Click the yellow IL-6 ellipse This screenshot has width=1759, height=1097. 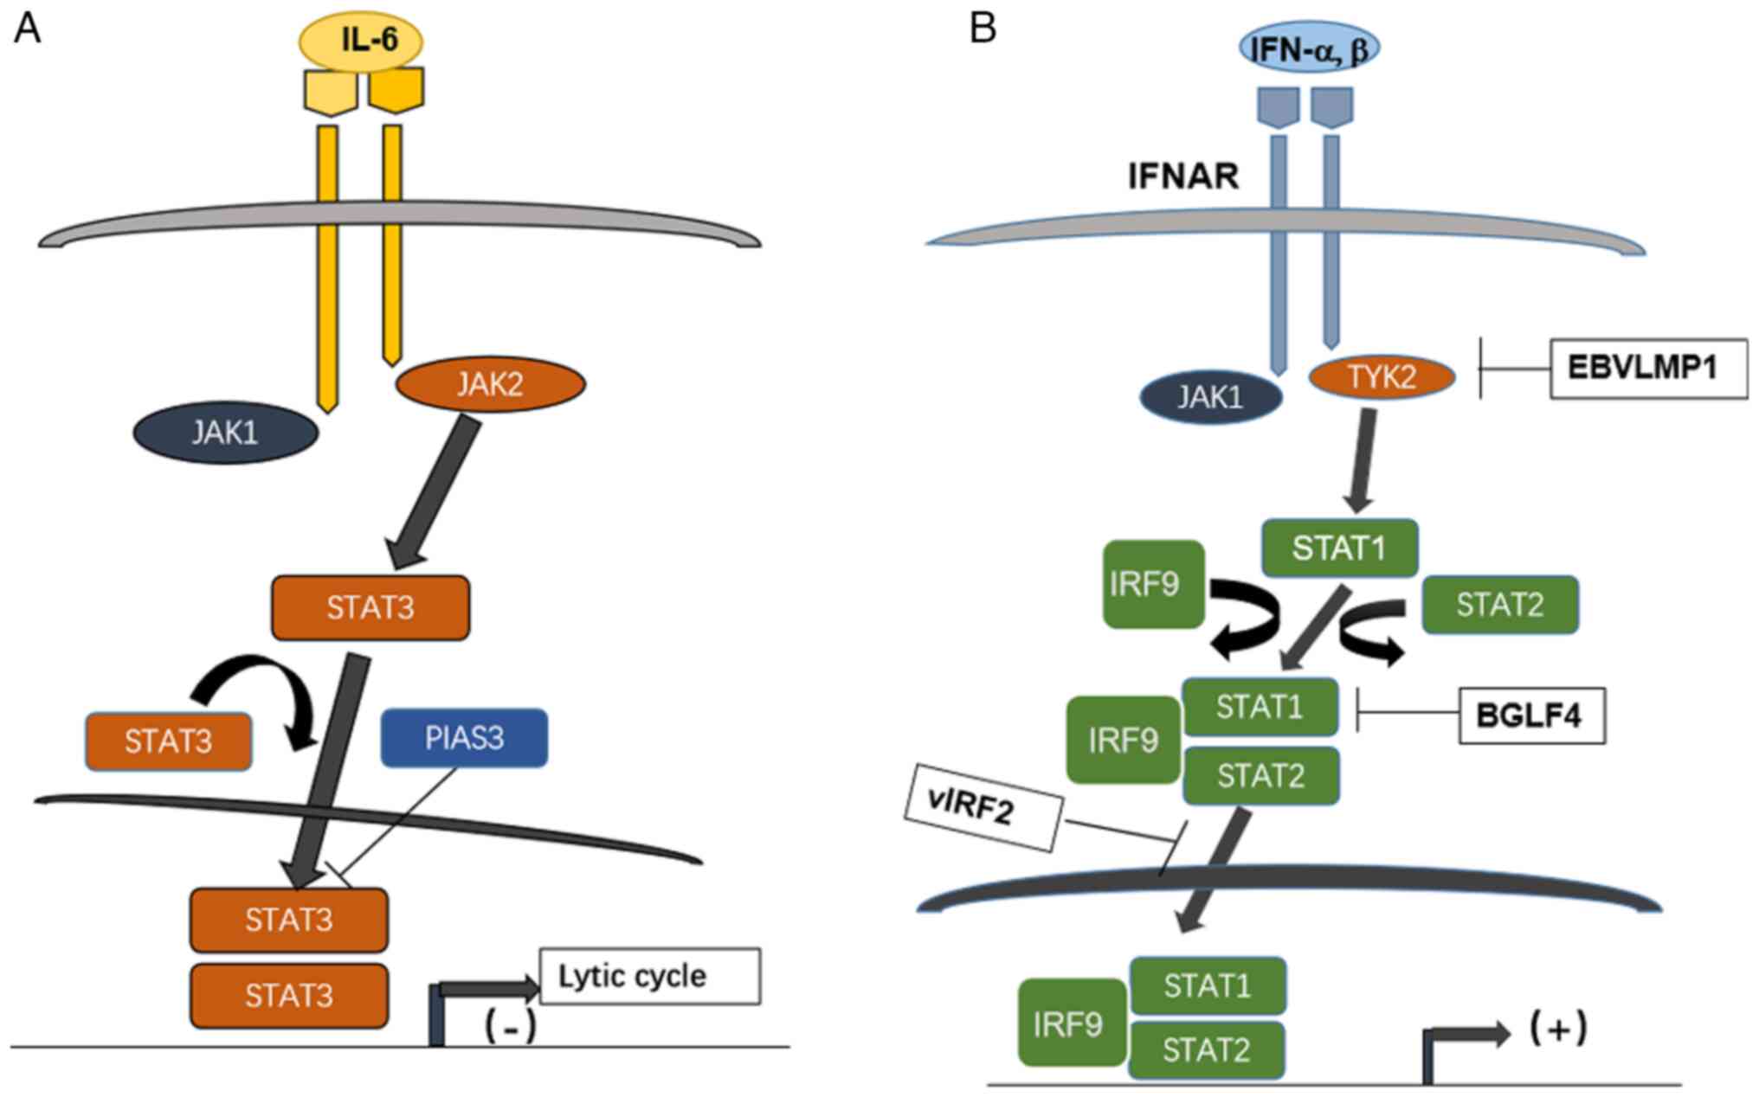coord(361,40)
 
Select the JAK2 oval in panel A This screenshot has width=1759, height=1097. coord(490,384)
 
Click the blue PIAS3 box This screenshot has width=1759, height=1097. coord(464,738)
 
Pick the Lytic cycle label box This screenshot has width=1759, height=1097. coord(649,976)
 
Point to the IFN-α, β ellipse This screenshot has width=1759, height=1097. coord(1309,48)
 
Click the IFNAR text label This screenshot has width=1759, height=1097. coord(1182,176)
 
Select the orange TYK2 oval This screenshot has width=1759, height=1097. coord(1382,376)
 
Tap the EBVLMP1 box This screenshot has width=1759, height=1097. coord(1647,368)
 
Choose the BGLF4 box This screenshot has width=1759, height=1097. coord(1531,715)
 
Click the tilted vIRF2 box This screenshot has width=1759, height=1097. coord(983,806)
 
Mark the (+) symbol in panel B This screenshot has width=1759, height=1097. coord(1558,1028)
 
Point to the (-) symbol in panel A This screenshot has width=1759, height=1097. coord(511,1026)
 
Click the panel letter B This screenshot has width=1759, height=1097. coord(983,28)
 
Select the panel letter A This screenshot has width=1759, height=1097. coord(27,28)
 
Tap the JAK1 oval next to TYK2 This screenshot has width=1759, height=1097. coord(1210,397)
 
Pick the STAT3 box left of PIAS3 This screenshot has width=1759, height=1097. coord(168,741)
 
